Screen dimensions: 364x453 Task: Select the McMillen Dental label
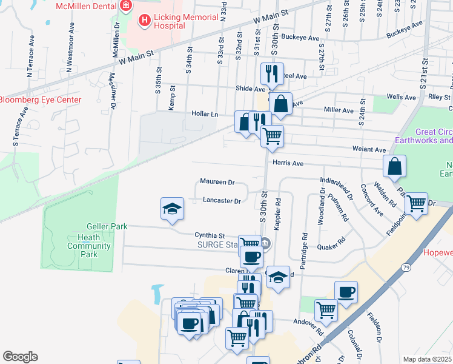coord(85,7)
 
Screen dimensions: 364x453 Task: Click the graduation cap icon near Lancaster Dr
coord(172,209)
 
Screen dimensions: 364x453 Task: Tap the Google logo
coord(20,357)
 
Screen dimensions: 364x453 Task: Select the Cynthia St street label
coord(210,235)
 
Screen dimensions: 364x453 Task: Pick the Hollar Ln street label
coord(205,113)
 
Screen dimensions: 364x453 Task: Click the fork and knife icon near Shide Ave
coord(271,74)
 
